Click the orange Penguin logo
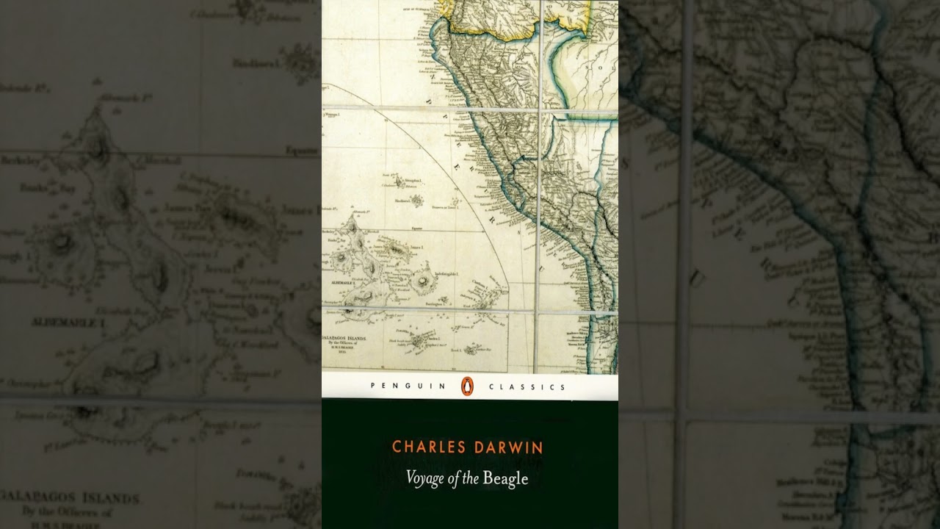(466, 385)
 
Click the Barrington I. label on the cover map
(441, 292)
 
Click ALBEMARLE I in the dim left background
(65, 322)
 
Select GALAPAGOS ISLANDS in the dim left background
(70, 498)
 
